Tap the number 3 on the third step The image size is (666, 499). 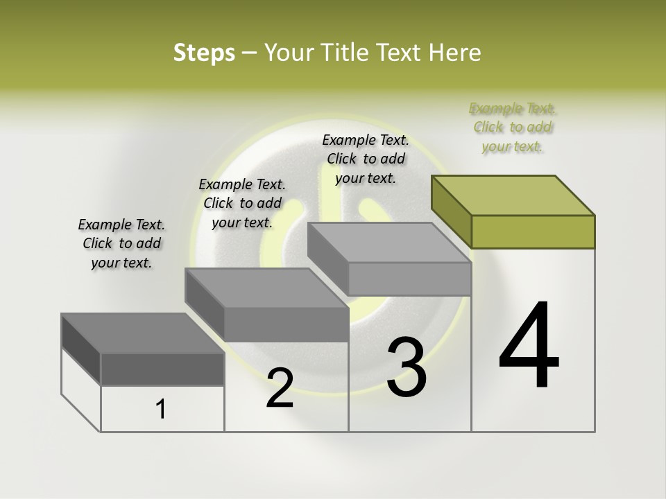(407, 367)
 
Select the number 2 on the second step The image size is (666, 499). (280, 388)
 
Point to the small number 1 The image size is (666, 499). (161, 410)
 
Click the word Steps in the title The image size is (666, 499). (204, 53)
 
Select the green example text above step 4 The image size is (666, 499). (512, 128)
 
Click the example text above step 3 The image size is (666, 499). (366, 159)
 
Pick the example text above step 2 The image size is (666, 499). (241, 203)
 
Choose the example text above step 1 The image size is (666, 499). (121, 243)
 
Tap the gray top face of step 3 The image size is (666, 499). (388, 243)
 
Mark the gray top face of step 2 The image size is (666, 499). (266, 288)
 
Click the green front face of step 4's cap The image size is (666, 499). (533, 231)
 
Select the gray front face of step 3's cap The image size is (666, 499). (409, 279)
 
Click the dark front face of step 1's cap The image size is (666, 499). (162, 369)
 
